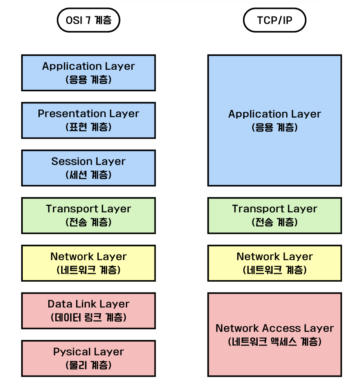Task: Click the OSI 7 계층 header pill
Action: (x=88, y=20)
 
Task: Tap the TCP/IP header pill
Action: (x=275, y=20)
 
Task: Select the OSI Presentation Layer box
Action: (x=88, y=120)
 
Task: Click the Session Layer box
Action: (x=88, y=168)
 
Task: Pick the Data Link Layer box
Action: (x=88, y=310)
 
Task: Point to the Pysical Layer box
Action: (x=88, y=358)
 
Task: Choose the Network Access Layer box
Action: (x=275, y=335)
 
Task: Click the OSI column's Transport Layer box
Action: (x=88, y=215)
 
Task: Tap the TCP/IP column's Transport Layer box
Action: (x=275, y=215)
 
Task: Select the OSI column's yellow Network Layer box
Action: (x=88, y=263)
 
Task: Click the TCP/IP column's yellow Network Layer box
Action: (x=275, y=263)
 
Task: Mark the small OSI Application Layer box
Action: (x=88, y=73)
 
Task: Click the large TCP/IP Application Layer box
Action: (x=275, y=120)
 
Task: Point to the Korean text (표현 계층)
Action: (x=88, y=127)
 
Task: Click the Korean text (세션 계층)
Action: (x=88, y=175)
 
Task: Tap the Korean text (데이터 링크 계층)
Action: (x=88, y=317)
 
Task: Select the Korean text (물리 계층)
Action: (x=88, y=365)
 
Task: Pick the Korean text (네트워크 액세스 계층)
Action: (x=275, y=342)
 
